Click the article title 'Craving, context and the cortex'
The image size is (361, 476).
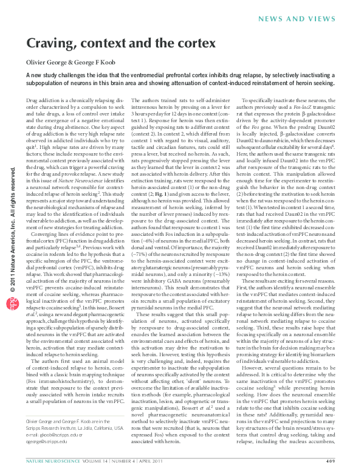click(x=120, y=43)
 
